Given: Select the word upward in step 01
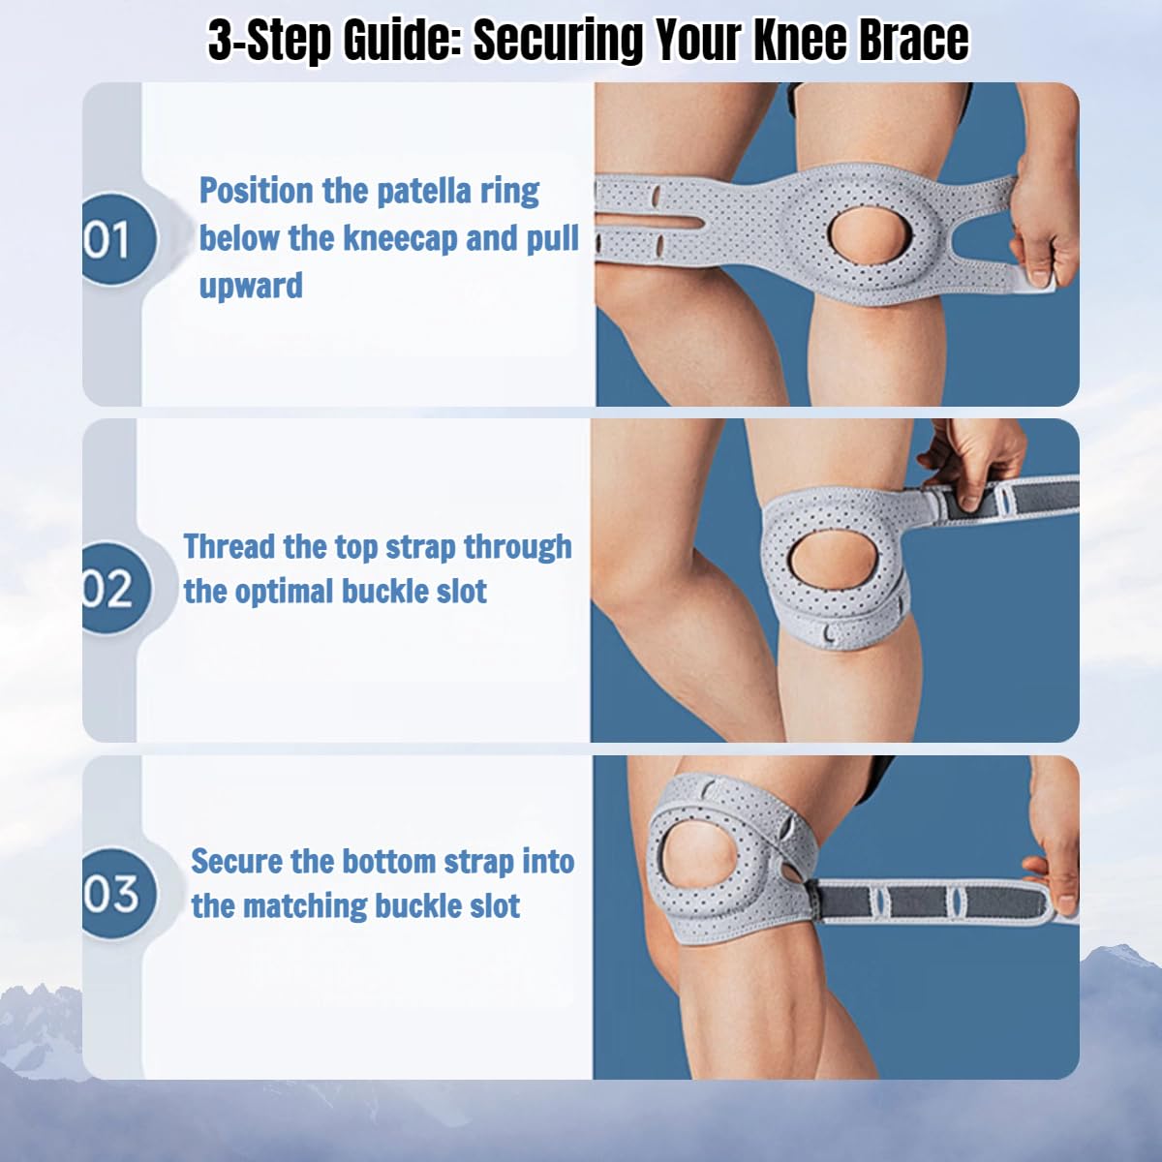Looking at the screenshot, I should tap(251, 286).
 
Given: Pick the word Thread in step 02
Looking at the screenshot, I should tap(229, 547).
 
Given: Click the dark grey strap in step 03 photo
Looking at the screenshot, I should tap(930, 901).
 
